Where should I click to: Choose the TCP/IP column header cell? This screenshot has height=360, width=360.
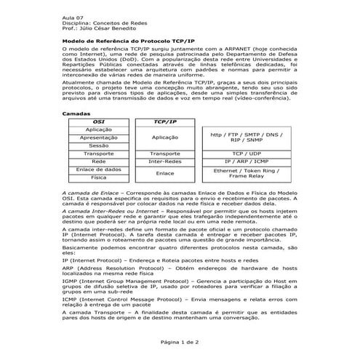[x=165, y=121]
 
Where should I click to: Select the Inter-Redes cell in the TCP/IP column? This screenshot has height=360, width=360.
[x=165, y=161]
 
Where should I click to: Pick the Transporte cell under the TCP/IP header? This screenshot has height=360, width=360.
[x=165, y=153]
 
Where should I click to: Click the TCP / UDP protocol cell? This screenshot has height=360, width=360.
[x=247, y=153]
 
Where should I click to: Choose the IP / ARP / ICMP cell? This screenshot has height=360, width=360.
[x=247, y=161]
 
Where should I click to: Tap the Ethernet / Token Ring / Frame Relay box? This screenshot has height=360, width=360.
[x=247, y=173]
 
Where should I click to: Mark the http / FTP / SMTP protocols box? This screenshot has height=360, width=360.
[x=247, y=137]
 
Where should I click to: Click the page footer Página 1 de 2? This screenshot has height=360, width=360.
[x=180, y=342]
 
